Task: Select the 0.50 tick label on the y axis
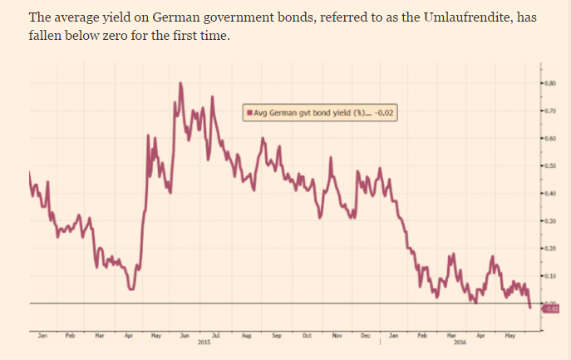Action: [x=551, y=166]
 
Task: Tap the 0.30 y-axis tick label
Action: [x=551, y=221]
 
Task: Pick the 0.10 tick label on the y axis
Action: [x=551, y=275]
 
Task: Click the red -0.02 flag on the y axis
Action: [x=552, y=308]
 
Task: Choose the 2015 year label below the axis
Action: [x=204, y=342]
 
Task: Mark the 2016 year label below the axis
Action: [x=460, y=342]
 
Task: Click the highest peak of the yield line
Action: [x=180, y=83]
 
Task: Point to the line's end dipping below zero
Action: [x=530, y=307]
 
